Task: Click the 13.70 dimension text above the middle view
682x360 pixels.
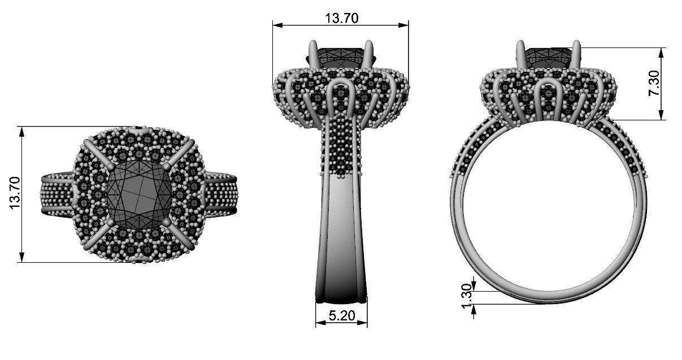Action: [341, 18]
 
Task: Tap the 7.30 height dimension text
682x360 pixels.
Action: [655, 84]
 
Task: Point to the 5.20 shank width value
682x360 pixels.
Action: [341, 316]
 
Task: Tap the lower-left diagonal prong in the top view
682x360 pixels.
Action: [96, 237]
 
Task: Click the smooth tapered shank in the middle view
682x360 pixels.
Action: [341, 237]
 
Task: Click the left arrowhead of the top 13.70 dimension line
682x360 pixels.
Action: [276, 24]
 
